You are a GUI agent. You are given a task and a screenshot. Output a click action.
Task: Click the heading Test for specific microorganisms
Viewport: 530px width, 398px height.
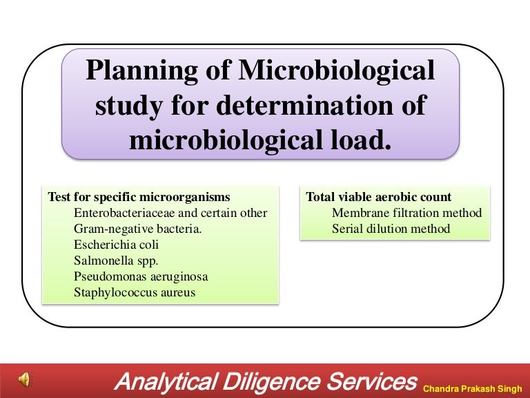139,197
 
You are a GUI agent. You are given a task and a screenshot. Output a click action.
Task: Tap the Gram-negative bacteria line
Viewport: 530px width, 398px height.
137,229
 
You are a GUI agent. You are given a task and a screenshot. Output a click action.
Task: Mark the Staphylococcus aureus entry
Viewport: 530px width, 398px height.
135,292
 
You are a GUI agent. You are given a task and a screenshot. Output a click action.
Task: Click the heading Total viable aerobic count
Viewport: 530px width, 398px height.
379,197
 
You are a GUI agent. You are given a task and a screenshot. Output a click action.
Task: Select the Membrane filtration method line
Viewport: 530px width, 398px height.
406,213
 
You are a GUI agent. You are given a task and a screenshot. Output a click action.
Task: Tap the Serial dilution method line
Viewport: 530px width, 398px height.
391,229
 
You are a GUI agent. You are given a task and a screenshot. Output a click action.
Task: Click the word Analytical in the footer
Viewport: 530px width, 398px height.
169,381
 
